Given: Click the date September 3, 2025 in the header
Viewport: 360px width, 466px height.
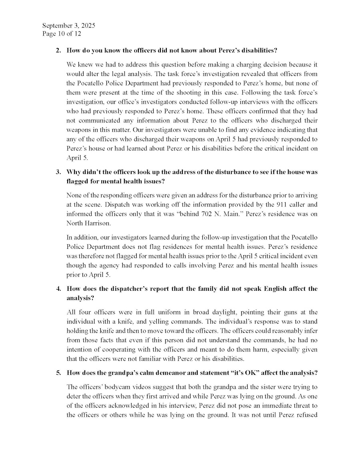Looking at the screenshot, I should click(69, 26).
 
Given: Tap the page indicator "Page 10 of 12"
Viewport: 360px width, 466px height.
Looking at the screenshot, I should click(62, 34).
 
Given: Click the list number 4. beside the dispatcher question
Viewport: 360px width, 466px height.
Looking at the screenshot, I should click(58, 289).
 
